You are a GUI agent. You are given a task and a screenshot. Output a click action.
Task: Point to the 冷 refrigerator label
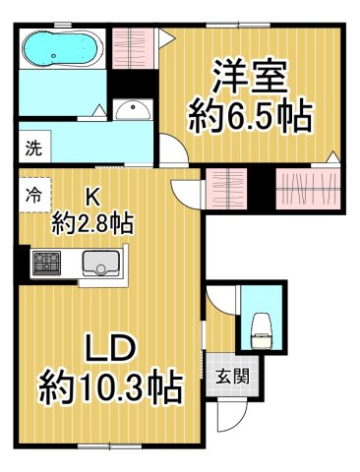[x=33, y=194]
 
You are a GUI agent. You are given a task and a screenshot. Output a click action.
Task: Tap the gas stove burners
[x=45, y=263]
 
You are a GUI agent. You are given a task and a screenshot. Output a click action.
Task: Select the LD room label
[x=109, y=350]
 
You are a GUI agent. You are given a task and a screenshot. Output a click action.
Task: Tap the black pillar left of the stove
[x=22, y=263]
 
